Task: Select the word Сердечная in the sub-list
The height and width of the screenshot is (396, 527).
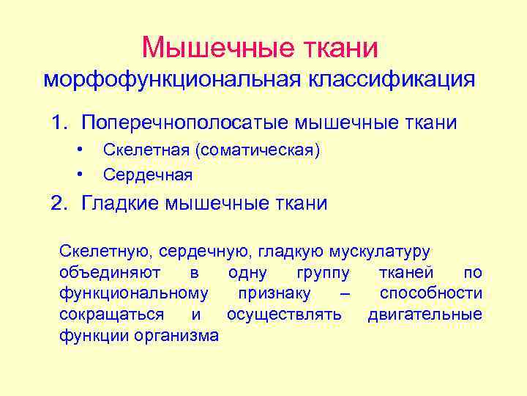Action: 148,175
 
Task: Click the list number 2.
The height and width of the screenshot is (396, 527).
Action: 59,202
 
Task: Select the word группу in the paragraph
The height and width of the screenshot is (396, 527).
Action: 323,273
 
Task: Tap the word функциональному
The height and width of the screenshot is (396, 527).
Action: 133,293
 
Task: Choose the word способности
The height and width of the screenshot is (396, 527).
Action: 430,293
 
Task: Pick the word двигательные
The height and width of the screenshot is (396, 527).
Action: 425,315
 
